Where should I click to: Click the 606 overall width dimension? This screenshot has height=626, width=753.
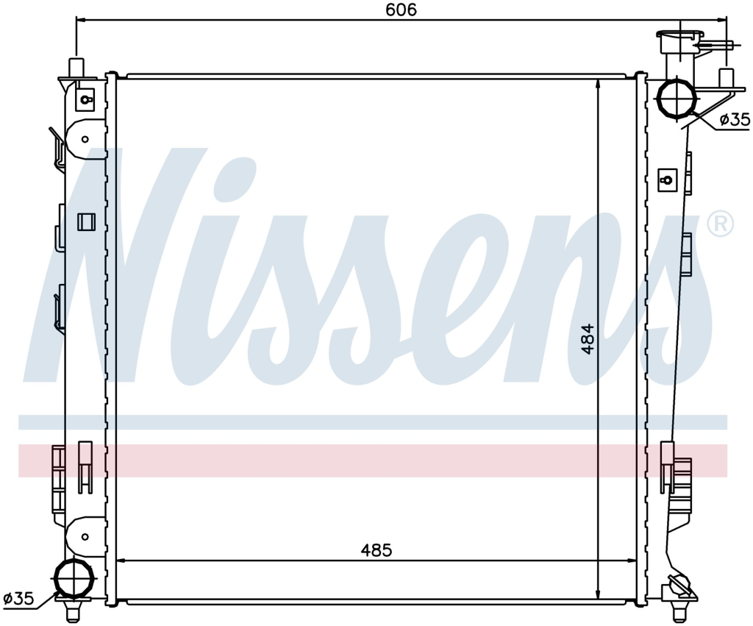point(402,10)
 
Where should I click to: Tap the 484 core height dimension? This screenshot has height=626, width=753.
point(587,339)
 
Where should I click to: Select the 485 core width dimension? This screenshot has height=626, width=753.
point(376,550)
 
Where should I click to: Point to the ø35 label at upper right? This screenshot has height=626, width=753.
point(735,118)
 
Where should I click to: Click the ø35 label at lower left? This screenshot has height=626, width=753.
point(18,598)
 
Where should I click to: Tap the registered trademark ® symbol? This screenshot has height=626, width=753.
point(721,224)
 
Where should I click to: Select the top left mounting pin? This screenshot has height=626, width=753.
point(76,67)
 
